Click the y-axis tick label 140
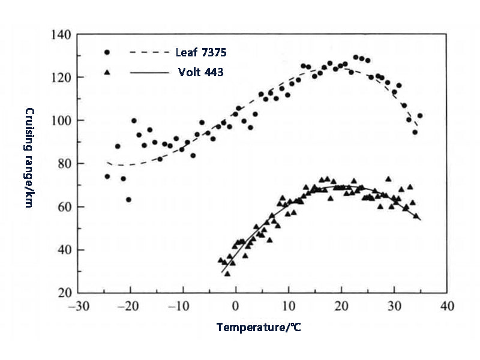coord(61,35)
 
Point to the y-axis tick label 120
coord(61,77)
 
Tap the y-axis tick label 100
coord(61,121)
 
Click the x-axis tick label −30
coord(77,306)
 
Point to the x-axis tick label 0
coord(236,306)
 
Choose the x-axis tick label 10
coord(288,306)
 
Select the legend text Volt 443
coord(200,73)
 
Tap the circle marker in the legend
coord(107,53)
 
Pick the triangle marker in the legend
coord(107,72)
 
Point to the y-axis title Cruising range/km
coord(28,158)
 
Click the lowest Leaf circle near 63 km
coord(128,200)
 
